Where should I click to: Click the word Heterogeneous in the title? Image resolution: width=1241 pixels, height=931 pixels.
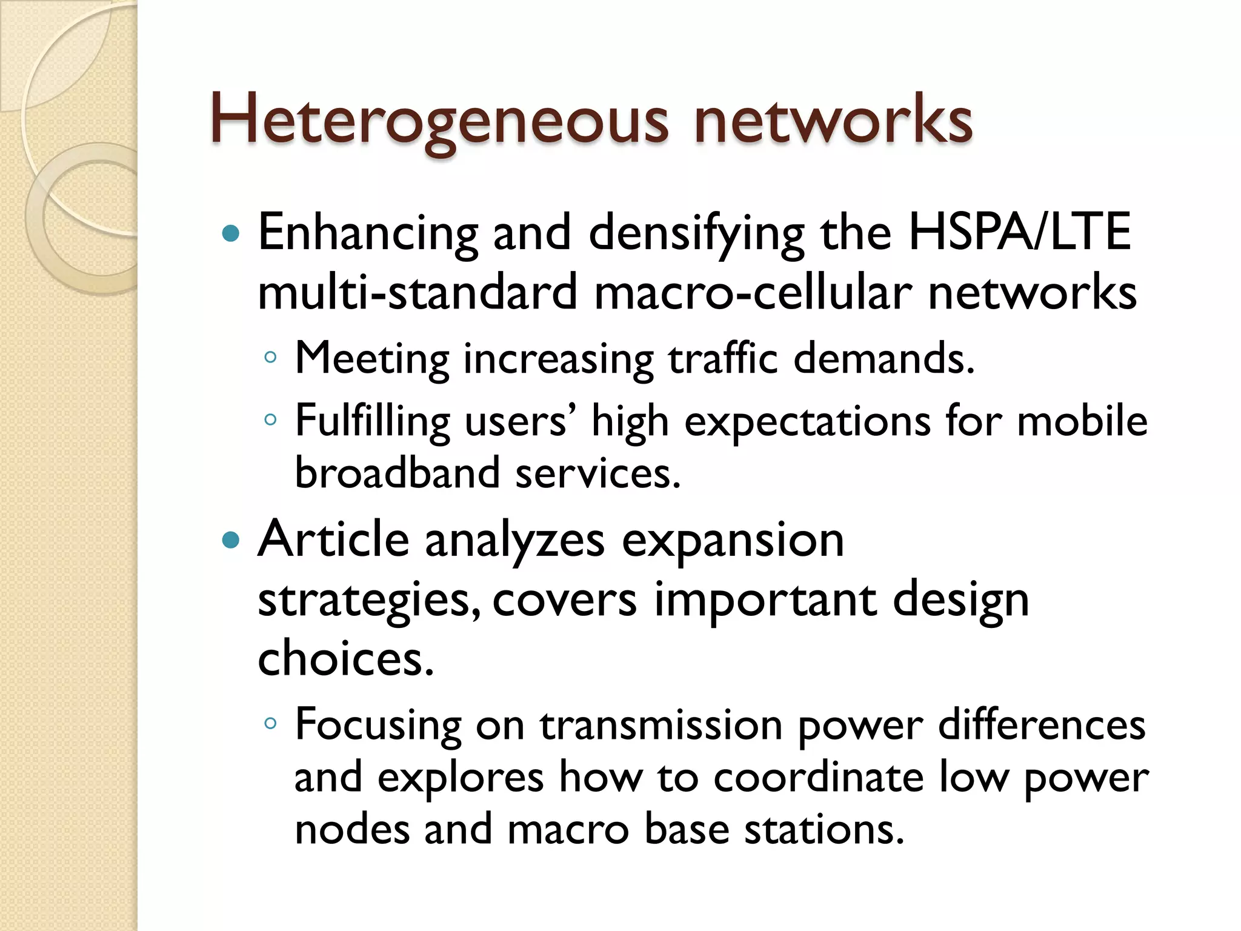pos(438,119)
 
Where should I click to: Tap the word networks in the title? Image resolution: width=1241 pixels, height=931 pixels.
pos(833,119)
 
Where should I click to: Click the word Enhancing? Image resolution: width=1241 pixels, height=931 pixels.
pos(367,233)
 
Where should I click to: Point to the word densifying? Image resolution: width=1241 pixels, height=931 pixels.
pos(697,233)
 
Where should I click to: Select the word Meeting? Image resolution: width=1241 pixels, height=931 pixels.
pos(371,359)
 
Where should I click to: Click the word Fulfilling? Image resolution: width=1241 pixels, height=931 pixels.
pos(372,421)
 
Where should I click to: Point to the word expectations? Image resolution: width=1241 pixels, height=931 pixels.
pos(807,421)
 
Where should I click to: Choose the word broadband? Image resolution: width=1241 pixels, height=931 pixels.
pos(397,473)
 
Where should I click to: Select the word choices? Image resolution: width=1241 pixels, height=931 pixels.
pos(345,659)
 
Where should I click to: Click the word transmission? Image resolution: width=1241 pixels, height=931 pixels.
pos(661,725)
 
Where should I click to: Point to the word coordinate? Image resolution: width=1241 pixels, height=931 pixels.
pos(818,778)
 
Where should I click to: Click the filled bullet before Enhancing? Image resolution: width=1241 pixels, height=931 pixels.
pos(231,233)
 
